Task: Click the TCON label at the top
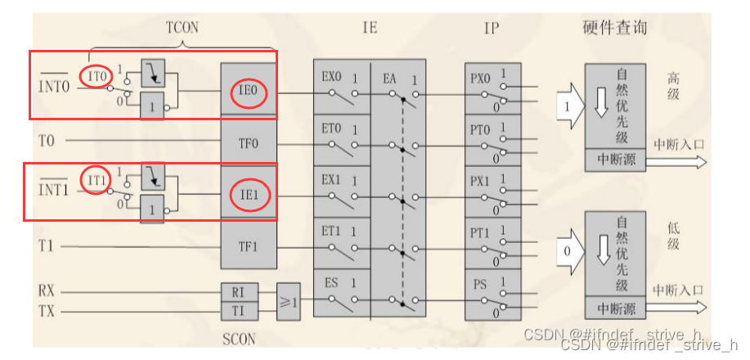click(x=182, y=27)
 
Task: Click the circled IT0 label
click(x=97, y=76)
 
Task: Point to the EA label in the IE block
click(x=390, y=79)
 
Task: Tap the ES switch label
click(x=331, y=284)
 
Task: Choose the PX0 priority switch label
click(x=481, y=79)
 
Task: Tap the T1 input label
click(x=47, y=246)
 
